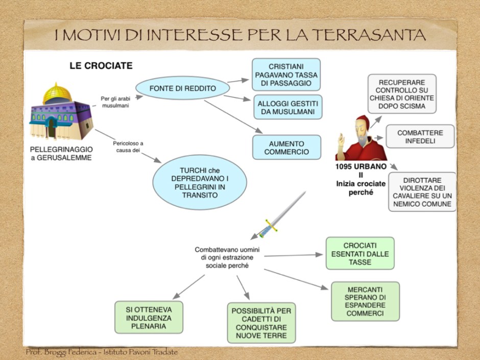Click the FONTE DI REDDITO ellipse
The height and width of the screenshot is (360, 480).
click(182, 89)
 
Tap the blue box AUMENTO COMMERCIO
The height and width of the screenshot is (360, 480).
click(286, 148)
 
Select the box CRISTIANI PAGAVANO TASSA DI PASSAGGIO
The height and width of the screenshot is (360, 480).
click(286, 75)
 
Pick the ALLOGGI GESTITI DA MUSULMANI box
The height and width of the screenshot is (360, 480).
click(287, 107)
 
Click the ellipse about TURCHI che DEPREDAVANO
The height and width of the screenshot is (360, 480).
click(200, 182)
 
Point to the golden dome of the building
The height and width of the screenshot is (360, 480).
click(57, 94)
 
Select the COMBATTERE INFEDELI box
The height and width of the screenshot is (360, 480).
click(420, 137)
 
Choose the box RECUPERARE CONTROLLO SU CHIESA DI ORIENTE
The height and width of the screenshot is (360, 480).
click(402, 94)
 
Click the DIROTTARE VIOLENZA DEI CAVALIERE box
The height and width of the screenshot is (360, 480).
click(422, 192)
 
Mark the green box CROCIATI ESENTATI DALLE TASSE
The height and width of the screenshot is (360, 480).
click(360, 253)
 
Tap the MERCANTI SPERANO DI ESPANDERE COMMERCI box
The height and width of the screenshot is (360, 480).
click(365, 301)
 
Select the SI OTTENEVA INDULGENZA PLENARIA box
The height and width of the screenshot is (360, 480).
click(149, 318)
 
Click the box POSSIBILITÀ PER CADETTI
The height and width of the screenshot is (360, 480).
click(261, 323)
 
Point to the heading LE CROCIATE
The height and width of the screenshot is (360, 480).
click(101, 66)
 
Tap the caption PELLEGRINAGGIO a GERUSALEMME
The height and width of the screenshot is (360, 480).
click(61, 153)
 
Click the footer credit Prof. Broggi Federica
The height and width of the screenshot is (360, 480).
click(102, 352)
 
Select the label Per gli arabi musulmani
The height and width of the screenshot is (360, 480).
click(114, 102)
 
